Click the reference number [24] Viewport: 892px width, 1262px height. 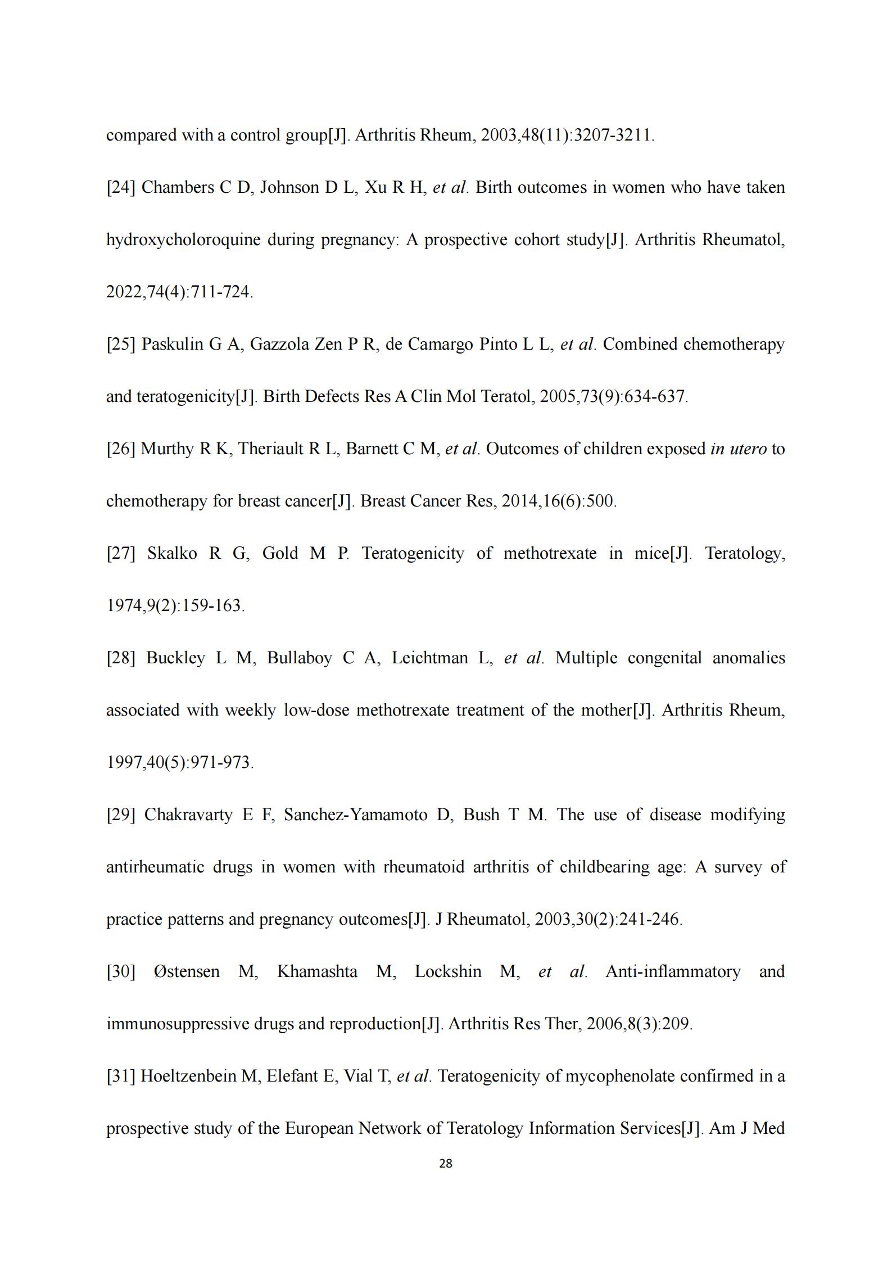121,187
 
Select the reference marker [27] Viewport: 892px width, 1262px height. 121,553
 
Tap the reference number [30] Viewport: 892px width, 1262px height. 121,972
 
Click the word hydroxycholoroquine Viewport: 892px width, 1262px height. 183,240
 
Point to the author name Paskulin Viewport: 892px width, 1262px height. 173,344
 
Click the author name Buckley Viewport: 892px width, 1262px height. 175,658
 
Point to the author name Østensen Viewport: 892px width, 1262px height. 186,972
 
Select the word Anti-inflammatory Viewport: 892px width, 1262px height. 673,972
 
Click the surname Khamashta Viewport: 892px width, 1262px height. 317,972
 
